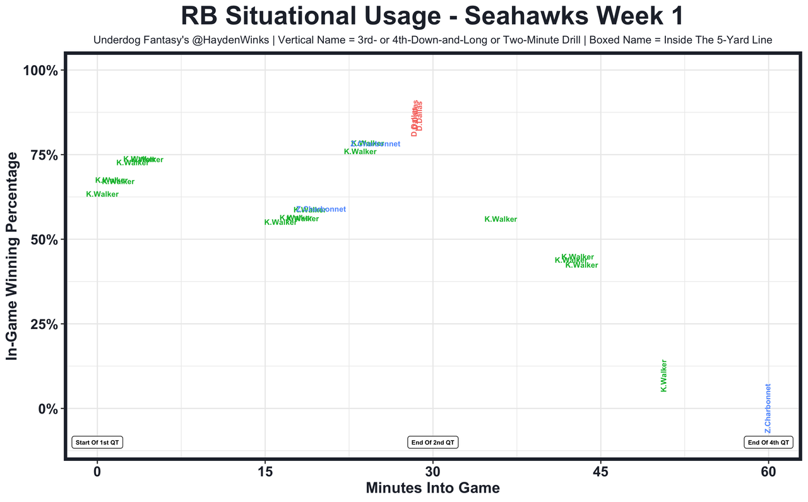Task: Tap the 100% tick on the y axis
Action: click(42, 71)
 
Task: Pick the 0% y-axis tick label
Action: click(49, 409)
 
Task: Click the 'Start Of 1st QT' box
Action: click(97, 443)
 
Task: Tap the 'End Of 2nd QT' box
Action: click(433, 443)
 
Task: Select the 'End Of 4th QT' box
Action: click(768, 443)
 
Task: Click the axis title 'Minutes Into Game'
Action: click(433, 488)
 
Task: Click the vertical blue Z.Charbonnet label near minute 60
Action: click(768, 409)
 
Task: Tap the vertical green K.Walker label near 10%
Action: click(663, 376)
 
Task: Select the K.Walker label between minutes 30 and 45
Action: click(501, 220)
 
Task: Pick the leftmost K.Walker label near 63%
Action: click(102, 194)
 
